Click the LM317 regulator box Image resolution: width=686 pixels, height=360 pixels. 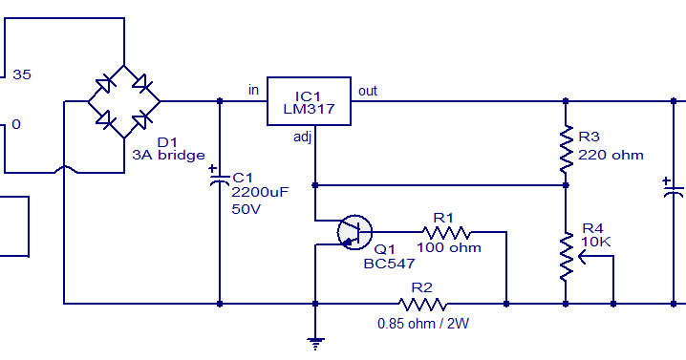coord(309,100)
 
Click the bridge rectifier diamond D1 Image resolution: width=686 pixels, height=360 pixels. coord(124,99)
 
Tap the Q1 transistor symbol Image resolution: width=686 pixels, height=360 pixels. coord(354,231)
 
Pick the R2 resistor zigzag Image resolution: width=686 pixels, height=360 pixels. coord(423,304)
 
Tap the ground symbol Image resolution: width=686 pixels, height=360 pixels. coord(314,340)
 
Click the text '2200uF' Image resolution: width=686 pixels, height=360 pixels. coord(260,192)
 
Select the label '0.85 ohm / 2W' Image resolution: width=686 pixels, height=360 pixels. coord(423,323)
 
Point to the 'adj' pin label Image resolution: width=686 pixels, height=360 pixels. coord(303,137)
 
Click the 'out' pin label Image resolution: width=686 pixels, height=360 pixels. coord(368,91)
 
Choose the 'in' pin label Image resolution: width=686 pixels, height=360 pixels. coord(253,90)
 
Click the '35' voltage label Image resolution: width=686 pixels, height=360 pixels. coord(22,73)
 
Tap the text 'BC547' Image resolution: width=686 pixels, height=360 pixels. coord(388,264)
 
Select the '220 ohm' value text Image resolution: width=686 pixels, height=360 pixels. coord(611,154)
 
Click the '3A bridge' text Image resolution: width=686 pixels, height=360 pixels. coord(168,155)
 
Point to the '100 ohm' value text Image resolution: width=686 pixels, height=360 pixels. coord(448,247)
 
